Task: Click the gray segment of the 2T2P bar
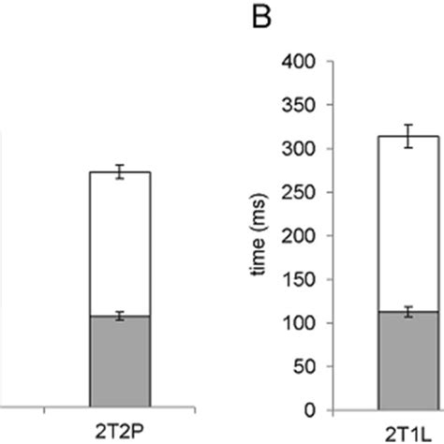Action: point(119,363)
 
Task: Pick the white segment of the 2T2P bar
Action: point(119,244)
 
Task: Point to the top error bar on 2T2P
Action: point(119,171)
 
